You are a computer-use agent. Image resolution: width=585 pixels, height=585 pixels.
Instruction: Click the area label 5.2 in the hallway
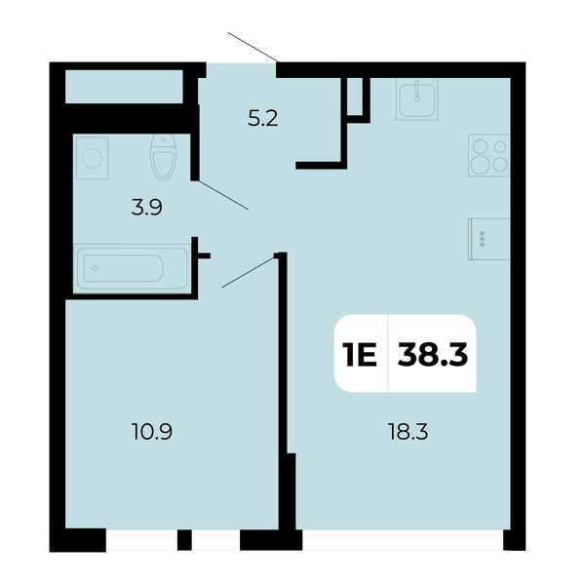[x=263, y=119]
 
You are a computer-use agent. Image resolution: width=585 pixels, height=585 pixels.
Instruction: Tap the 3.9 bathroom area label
[x=146, y=208]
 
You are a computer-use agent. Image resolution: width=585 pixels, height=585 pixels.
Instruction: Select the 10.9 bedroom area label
[x=152, y=432]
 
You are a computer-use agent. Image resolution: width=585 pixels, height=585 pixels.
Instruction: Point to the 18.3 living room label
[x=408, y=432]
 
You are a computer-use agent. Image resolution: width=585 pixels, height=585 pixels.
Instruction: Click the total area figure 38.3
[x=432, y=355]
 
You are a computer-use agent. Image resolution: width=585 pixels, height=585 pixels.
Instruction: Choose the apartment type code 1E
[x=361, y=355]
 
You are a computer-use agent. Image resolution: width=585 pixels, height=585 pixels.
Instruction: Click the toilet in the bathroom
[x=164, y=157]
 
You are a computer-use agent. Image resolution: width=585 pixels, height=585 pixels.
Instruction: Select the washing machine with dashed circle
[x=93, y=158]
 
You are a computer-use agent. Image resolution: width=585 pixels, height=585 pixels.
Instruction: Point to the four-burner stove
[x=489, y=155]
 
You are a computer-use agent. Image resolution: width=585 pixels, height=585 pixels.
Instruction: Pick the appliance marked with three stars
[x=489, y=239]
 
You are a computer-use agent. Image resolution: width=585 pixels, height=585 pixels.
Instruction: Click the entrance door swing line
[x=253, y=47]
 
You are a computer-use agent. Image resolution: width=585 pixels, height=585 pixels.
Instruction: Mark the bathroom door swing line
[x=223, y=195]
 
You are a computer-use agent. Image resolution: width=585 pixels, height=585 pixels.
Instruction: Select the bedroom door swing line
[x=249, y=272]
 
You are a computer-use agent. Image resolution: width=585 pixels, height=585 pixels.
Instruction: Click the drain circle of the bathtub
[x=96, y=268]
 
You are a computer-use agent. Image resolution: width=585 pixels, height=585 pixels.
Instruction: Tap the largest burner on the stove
[x=479, y=165]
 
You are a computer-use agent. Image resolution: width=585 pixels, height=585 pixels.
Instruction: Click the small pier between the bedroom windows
[x=184, y=540]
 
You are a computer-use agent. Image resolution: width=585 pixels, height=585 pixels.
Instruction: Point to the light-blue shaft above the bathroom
[x=124, y=87]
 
